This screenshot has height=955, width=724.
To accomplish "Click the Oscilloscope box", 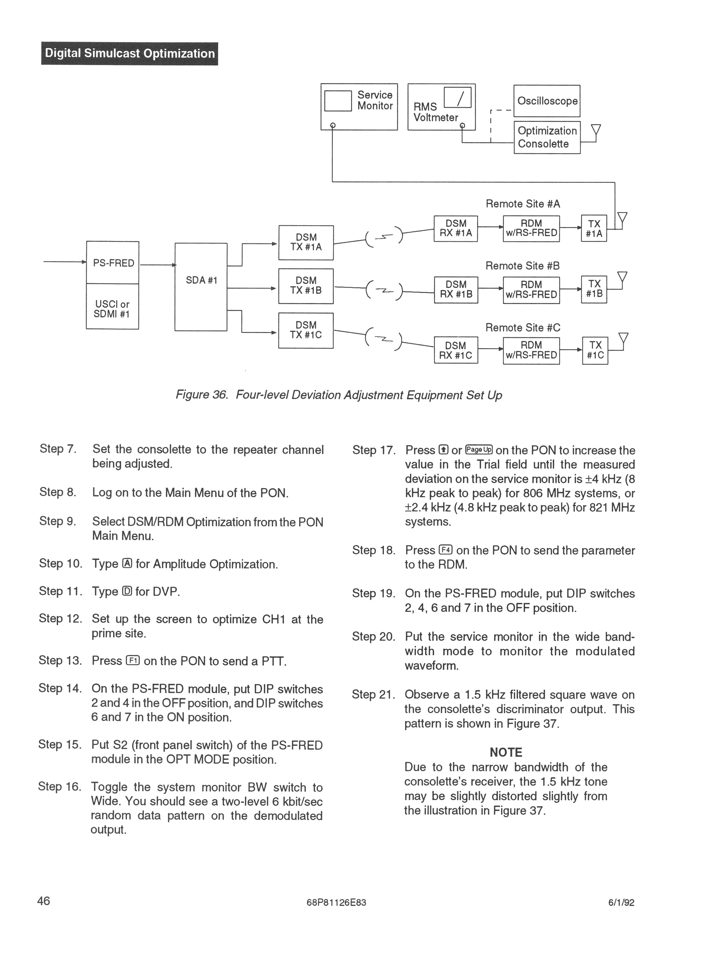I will click(x=547, y=101).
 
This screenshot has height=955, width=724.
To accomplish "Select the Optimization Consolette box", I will click(x=547, y=137).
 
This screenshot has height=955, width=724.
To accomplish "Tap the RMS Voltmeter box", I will click(x=441, y=107).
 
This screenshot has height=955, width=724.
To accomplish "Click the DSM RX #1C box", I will click(x=456, y=350).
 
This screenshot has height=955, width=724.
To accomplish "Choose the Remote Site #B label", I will click(x=523, y=266).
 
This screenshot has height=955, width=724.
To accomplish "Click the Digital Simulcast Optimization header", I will click(x=129, y=54).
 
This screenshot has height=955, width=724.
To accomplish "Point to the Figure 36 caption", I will click(x=339, y=395).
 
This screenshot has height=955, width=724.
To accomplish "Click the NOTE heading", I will click(x=506, y=753).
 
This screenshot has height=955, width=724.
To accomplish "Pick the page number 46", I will click(x=44, y=901).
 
